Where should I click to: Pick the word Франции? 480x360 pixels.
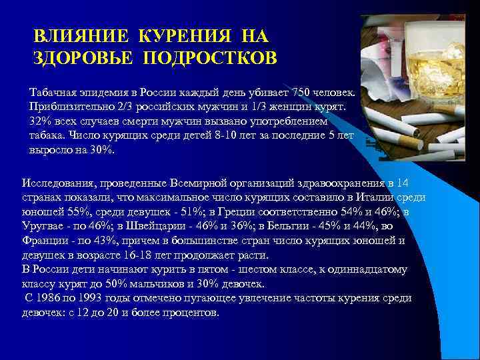point(43,241)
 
